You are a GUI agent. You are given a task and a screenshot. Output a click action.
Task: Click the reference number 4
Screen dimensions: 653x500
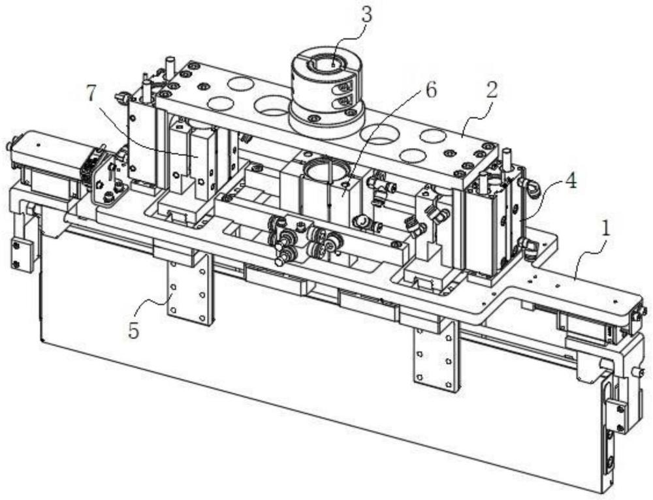pyautogui.click(x=571, y=181)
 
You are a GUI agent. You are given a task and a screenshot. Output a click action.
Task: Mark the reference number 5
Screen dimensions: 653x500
pyautogui.click(x=134, y=330)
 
